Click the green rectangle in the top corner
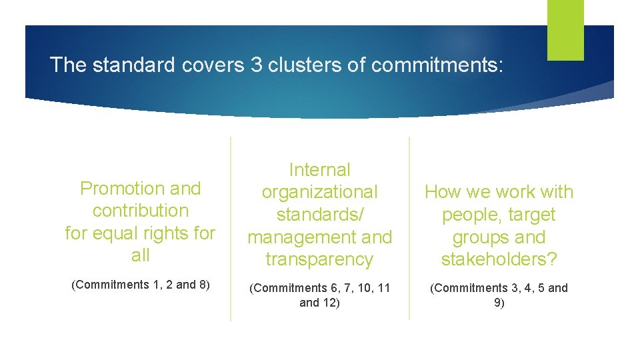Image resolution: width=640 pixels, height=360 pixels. [565, 29]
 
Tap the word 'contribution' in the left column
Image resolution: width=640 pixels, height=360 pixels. [141, 211]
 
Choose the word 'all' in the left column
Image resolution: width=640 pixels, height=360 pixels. [141, 255]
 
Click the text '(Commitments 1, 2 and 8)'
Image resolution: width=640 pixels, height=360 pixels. [141, 285]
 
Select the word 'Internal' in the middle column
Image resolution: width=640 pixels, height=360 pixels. [319, 170]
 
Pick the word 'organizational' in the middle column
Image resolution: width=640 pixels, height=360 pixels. [319, 192]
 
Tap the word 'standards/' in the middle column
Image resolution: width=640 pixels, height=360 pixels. [319, 215]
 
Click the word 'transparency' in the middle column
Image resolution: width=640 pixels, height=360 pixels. [319, 259]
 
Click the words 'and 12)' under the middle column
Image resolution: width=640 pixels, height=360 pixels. [319, 303]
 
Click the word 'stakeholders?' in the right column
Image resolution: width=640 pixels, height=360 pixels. [499, 259]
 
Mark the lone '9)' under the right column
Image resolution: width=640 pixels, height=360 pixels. [499, 303]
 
